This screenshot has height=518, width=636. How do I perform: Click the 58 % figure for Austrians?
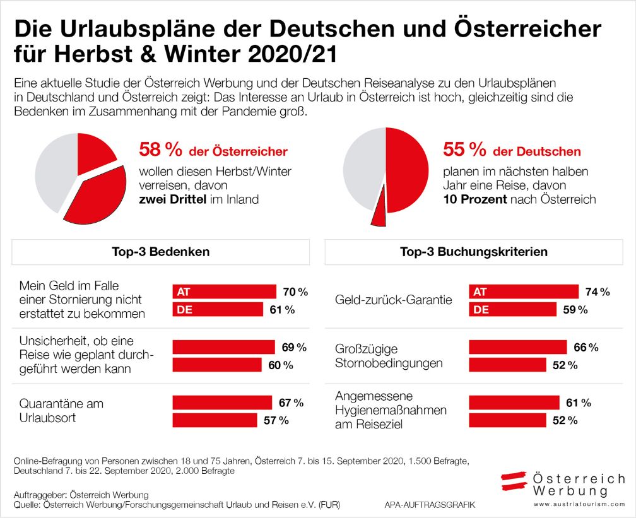click(x=160, y=150)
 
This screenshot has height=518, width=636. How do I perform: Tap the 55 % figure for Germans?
click(x=464, y=150)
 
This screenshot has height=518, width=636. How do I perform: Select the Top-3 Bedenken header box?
click(x=161, y=252)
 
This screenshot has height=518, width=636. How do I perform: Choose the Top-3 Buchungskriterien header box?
click(x=473, y=252)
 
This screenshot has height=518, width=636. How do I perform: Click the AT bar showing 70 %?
click(x=224, y=291)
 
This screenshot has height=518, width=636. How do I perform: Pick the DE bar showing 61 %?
click(x=218, y=309)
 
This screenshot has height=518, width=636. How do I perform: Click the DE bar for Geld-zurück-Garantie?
click(x=512, y=309)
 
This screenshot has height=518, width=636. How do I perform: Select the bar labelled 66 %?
click(x=517, y=347)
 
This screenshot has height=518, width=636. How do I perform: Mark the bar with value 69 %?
click(x=223, y=347)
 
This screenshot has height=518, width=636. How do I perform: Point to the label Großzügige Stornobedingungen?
click(x=389, y=356)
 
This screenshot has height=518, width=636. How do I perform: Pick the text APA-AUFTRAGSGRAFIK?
click(x=429, y=505)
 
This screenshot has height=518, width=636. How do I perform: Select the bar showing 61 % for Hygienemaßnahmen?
click(x=514, y=403)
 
